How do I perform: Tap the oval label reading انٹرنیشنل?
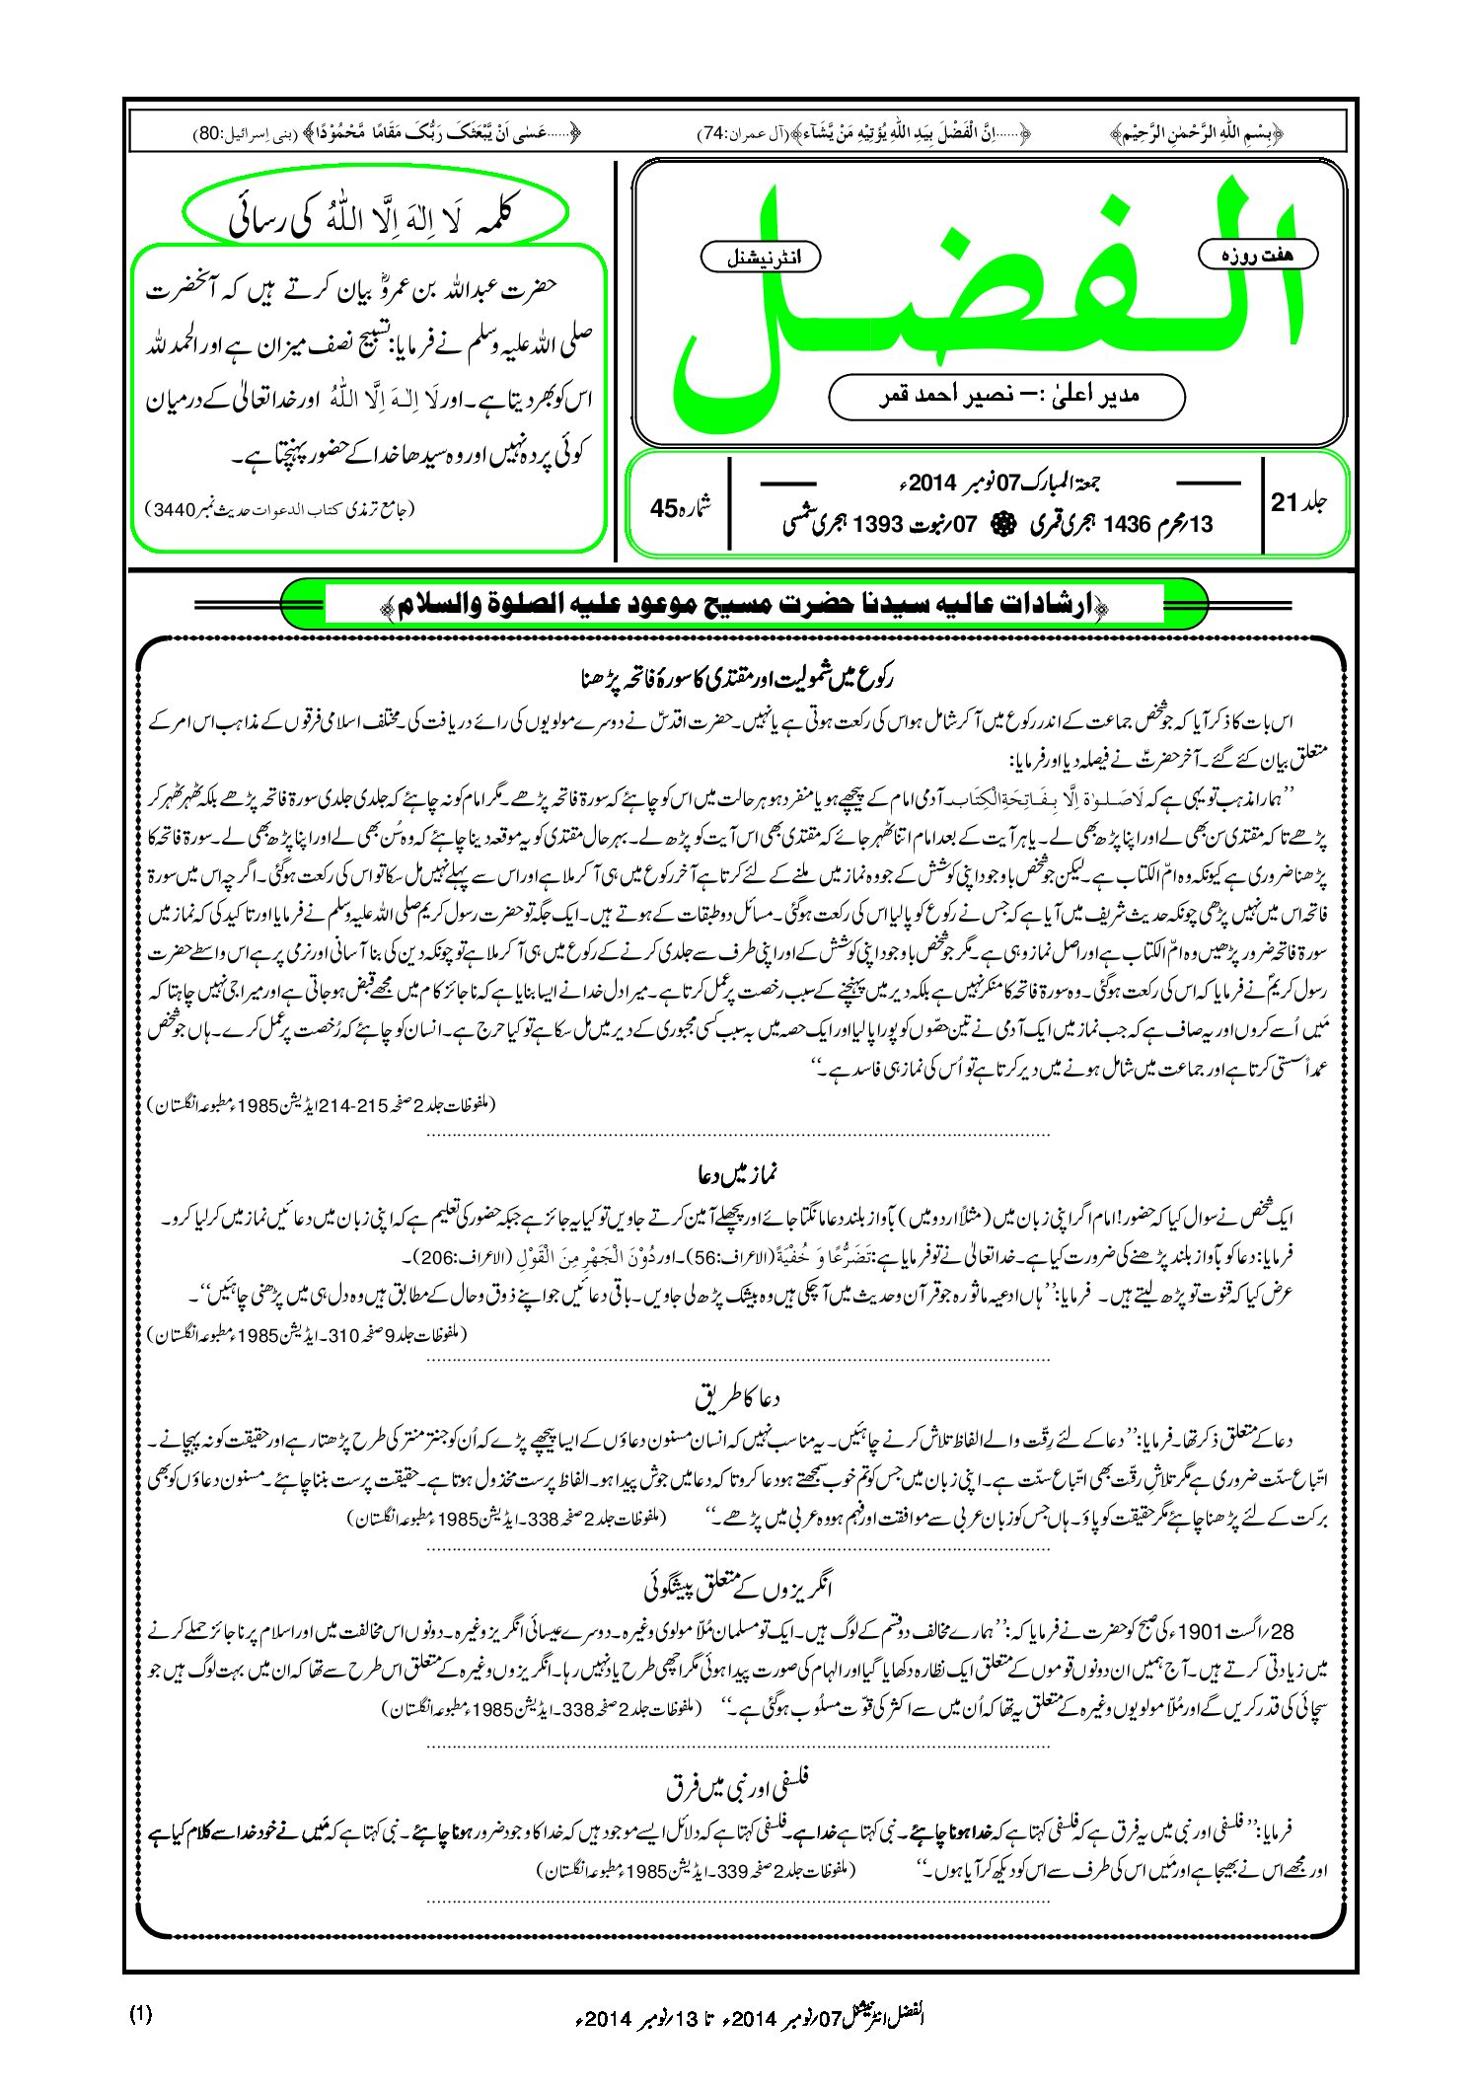coord(760,259)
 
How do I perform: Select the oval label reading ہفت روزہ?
coord(1258,255)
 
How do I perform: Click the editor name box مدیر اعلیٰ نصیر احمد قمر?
coord(1006,397)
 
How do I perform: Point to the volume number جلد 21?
coord(1299,503)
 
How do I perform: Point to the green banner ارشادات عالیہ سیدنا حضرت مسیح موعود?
coord(744,605)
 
